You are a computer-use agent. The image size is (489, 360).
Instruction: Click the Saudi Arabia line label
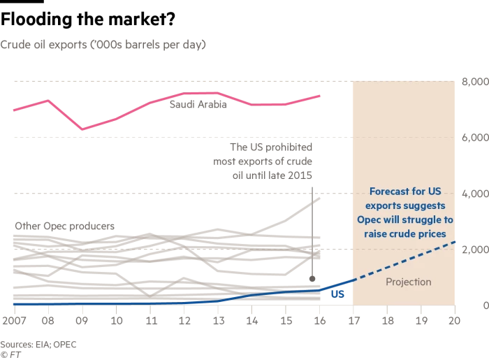[198, 105]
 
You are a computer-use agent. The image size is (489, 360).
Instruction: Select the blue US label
[337, 294]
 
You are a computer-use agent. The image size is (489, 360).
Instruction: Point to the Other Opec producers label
[64, 226]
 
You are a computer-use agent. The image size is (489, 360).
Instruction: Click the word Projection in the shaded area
[409, 282]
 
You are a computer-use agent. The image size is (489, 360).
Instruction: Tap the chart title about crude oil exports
[103, 45]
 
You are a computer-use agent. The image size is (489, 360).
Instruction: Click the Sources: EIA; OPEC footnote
[38, 345]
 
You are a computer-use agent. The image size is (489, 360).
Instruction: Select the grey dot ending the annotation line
[312, 279]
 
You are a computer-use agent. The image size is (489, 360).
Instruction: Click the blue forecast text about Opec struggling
[411, 212]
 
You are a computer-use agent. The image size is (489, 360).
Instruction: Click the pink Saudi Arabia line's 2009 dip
[82, 129]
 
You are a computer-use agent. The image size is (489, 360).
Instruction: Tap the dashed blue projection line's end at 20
[455, 242]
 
